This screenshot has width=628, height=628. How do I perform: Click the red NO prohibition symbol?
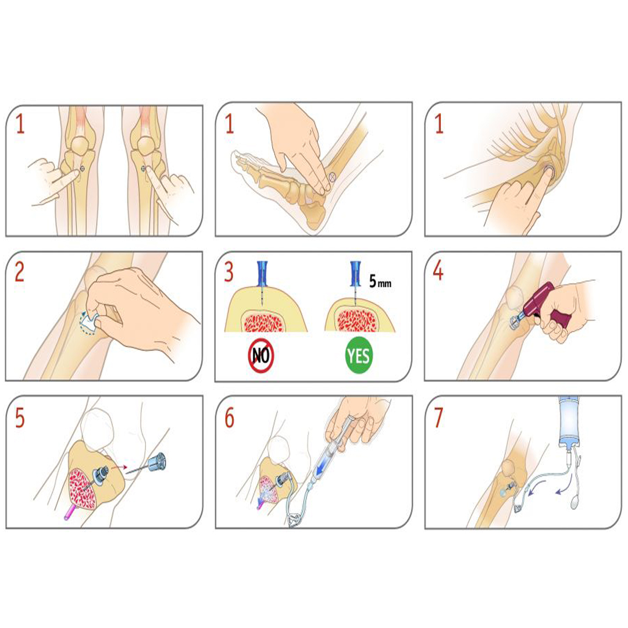(x=261, y=355)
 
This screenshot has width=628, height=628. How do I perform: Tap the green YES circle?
(x=358, y=355)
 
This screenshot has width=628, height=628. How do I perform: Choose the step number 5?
(x=20, y=418)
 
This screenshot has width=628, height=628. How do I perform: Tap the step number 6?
(x=229, y=418)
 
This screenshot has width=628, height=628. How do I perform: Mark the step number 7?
(x=438, y=418)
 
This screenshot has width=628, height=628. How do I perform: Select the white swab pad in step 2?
(x=90, y=322)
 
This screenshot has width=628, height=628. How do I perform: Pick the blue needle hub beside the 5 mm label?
(x=355, y=273)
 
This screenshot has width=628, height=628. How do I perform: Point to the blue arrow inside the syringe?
(x=322, y=465)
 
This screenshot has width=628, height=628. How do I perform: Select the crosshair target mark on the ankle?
(x=331, y=176)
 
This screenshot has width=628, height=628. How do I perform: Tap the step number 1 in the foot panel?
(x=229, y=124)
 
